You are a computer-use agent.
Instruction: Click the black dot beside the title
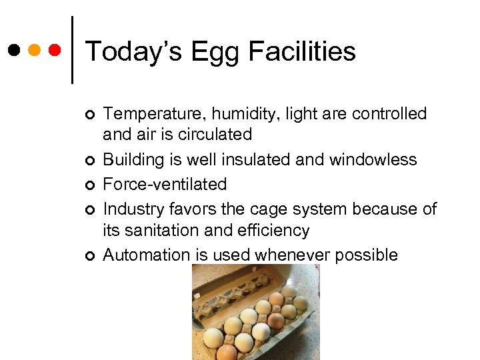[14, 50]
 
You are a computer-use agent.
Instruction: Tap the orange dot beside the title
[34, 50]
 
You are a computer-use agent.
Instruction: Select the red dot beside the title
[54, 50]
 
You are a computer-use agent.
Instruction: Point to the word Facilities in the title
[301, 51]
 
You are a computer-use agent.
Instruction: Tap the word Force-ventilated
[165, 184]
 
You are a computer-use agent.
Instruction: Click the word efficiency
[274, 231]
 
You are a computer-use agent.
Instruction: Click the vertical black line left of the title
[72, 50]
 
